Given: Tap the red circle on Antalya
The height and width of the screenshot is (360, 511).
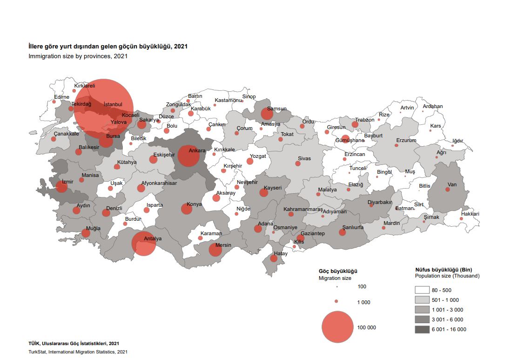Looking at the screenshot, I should (x=143, y=244).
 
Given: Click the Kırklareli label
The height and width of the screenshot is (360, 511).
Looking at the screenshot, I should (x=85, y=86).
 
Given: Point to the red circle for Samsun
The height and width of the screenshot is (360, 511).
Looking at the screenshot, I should (x=267, y=114).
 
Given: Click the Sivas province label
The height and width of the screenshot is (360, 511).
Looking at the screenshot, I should (x=304, y=158).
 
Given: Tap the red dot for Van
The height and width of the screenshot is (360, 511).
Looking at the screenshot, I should (x=447, y=190).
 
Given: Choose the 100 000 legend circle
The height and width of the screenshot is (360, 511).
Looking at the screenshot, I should (x=337, y=327).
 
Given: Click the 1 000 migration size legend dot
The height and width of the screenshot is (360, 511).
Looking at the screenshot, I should (x=336, y=302).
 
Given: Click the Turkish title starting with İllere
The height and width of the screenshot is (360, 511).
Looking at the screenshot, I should (x=108, y=47).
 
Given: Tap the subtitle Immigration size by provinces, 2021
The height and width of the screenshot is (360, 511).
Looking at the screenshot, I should (x=78, y=56).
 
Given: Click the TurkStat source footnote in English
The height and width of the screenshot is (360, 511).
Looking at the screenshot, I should (x=78, y=352).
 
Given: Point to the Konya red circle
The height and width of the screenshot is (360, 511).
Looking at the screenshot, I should (x=187, y=209).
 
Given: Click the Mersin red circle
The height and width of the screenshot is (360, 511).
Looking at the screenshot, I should (x=215, y=250).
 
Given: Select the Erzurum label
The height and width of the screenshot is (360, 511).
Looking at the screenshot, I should (x=406, y=140).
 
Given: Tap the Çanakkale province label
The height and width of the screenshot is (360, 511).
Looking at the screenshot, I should (x=66, y=134).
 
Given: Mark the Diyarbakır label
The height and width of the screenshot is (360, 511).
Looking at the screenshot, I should (x=380, y=202).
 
